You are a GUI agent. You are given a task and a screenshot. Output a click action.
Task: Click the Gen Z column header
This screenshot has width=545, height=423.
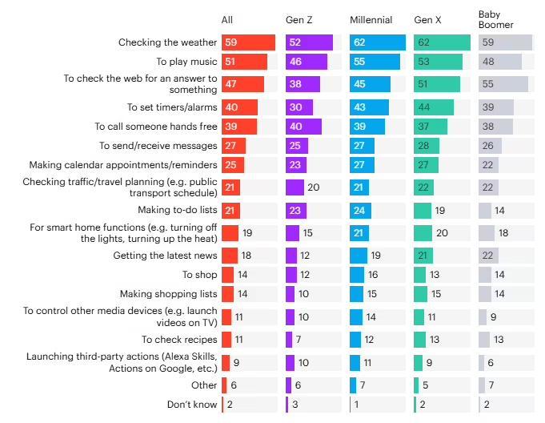[299, 19]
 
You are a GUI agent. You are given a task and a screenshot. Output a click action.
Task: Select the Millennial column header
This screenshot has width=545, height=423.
[371, 19]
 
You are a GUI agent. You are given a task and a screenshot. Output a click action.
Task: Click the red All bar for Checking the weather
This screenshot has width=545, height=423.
[248, 43]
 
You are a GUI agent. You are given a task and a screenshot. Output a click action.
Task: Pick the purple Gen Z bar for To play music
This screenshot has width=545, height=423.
[307, 62]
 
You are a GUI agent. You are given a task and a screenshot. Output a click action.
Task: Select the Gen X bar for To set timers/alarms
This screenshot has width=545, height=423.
[434, 107]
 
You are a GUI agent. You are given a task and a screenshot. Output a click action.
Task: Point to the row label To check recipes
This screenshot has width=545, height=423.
[179, 340]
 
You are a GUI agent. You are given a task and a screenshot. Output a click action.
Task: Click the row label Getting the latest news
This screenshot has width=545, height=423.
[165, 256]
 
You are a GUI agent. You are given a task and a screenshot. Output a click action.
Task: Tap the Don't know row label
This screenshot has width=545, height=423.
[192, 404]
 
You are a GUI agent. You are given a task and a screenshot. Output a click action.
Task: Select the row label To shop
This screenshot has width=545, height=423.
[199, 275]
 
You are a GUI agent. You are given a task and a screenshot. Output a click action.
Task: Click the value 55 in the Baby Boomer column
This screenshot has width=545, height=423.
[489, 83]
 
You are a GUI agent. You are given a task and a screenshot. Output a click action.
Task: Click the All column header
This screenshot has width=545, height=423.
[228, 19]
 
